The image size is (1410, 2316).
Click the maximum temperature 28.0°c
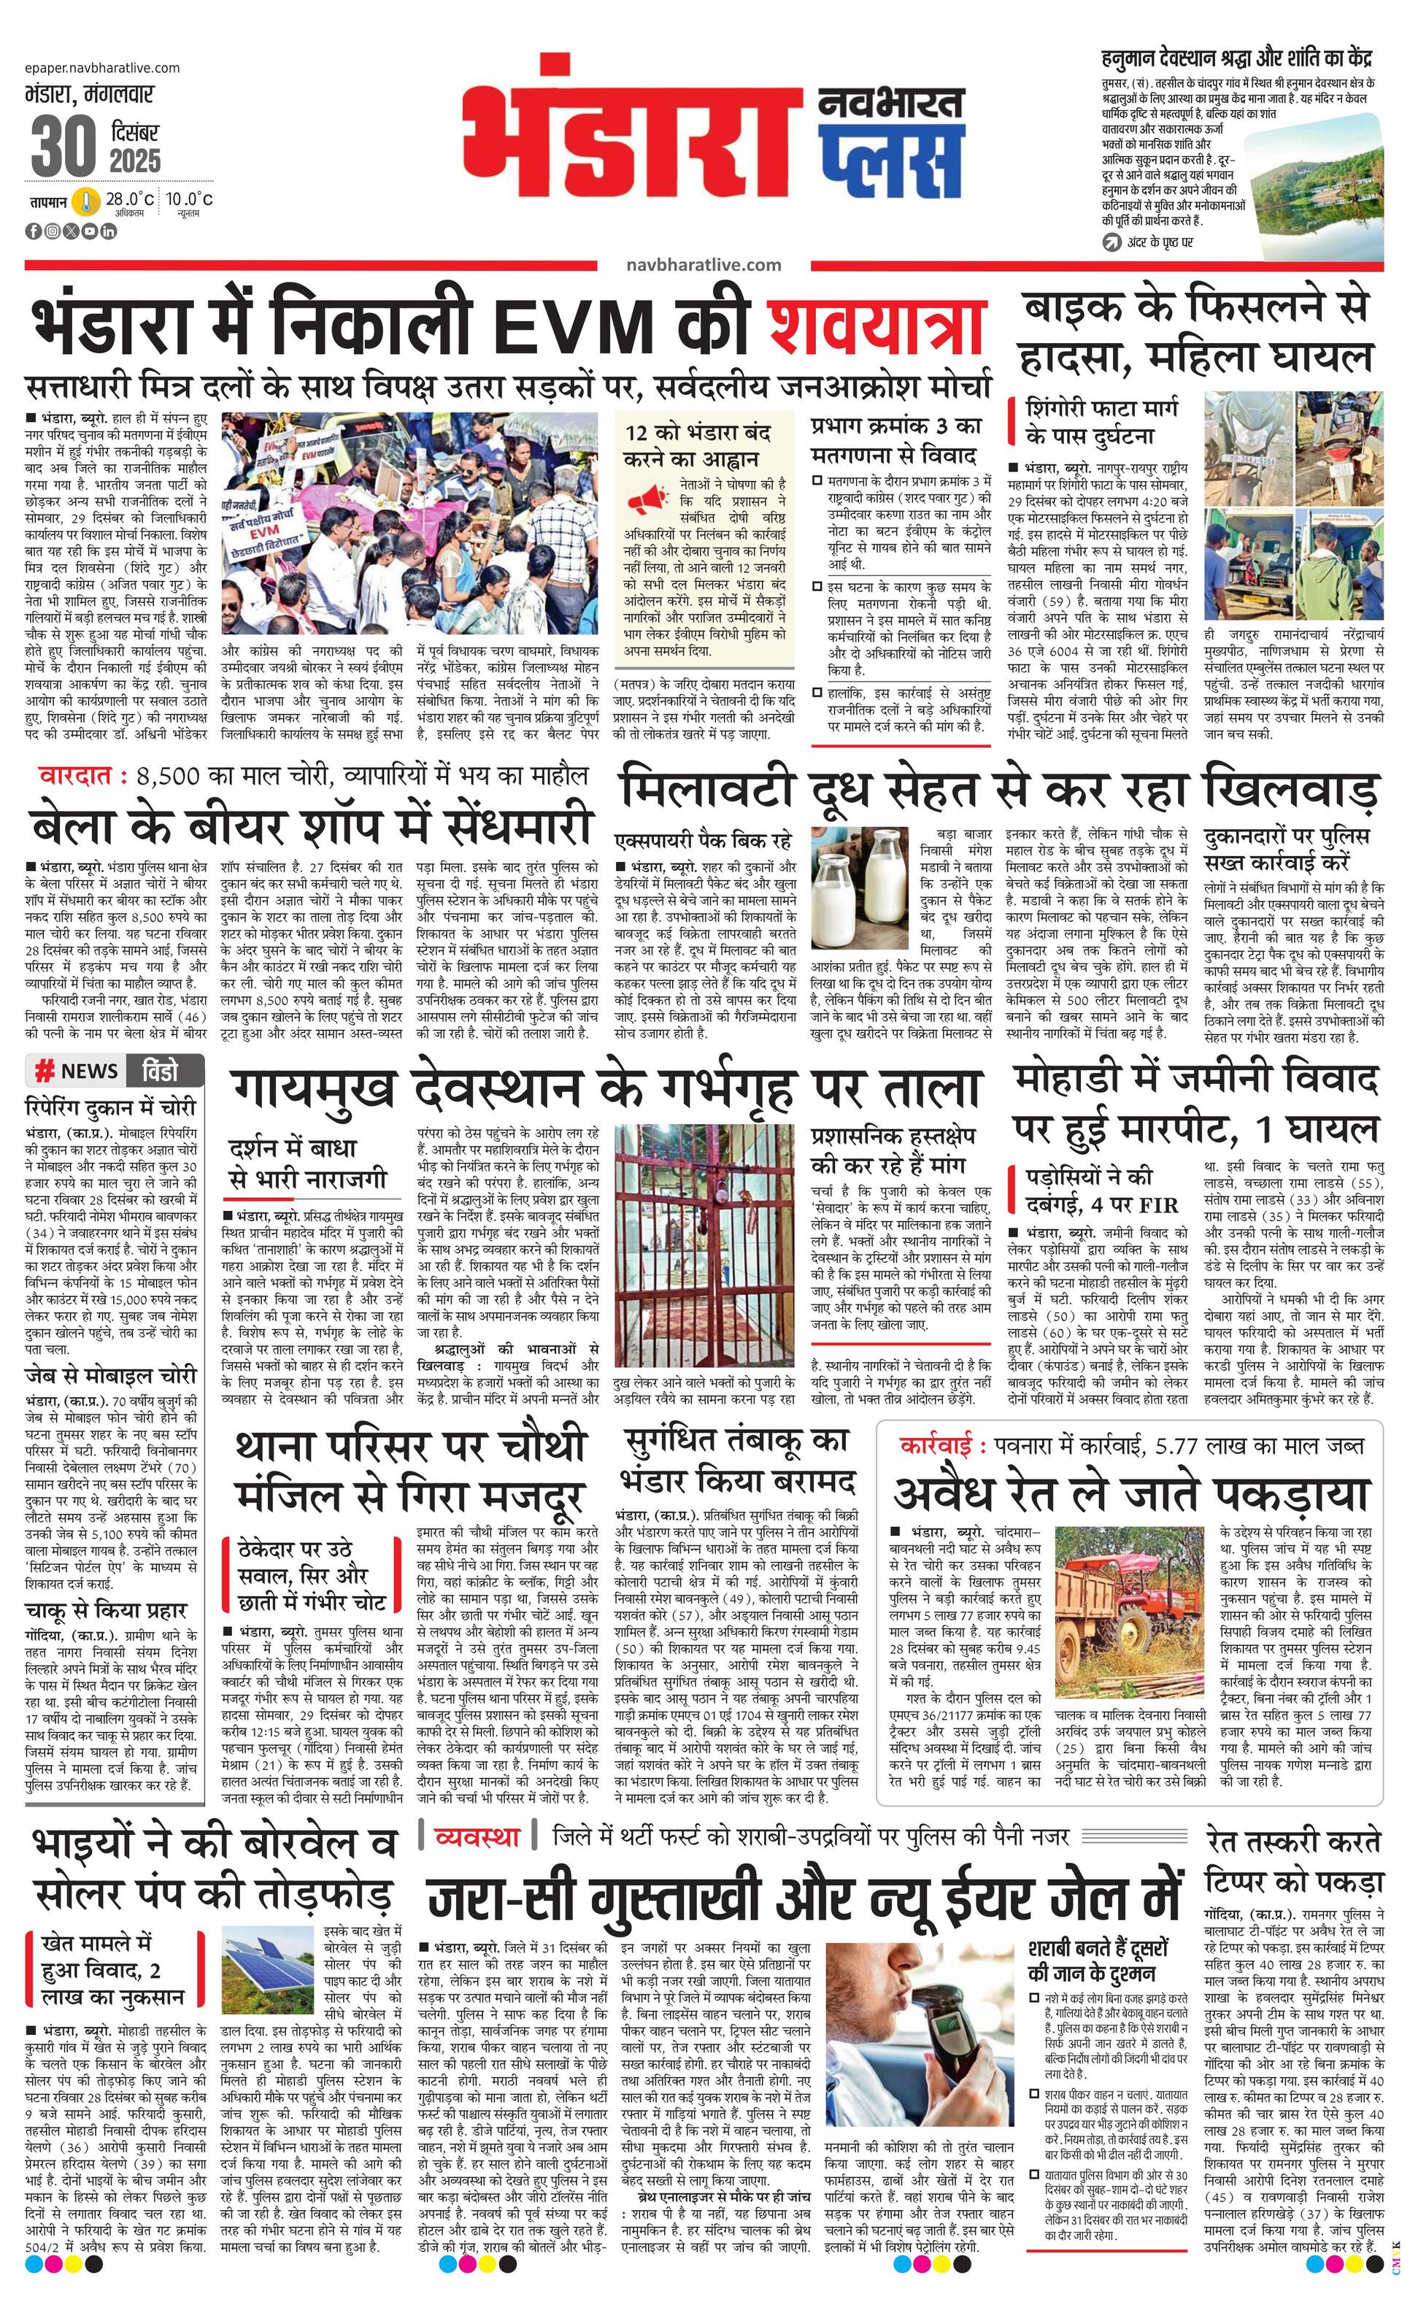pyautogui.click(x=128, y=199)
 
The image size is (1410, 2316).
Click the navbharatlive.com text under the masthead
pyautogui.click(x=704, y=264)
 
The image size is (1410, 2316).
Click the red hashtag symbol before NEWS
pyautogui.click(x=43, y=1071)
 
